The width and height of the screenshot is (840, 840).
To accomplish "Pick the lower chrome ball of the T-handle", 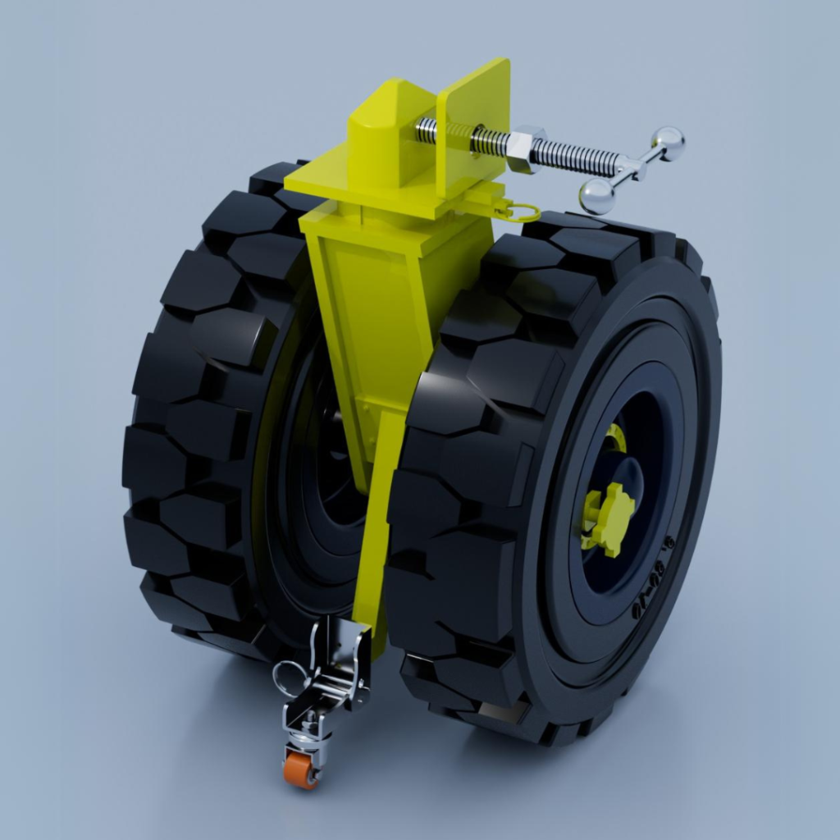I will tap(598, 196).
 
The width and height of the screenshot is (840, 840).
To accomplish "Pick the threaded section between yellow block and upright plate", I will tap(426, 127).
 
